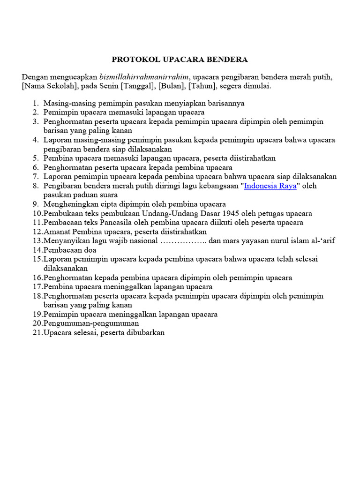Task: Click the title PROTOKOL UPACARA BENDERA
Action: coord(180,60)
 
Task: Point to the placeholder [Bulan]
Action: coord(171,86)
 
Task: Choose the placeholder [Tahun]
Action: coord(202,86)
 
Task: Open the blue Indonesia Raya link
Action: coord(270,186)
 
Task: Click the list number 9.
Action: coord(35,204)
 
